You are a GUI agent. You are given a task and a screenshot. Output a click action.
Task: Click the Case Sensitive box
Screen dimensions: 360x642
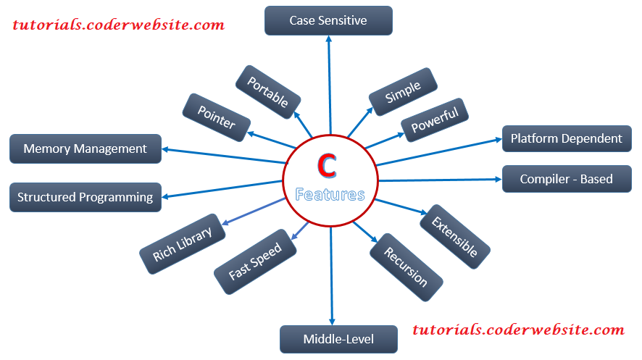[x=328, y=21]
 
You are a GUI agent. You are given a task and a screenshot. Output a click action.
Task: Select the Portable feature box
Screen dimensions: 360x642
[x=267, y=91]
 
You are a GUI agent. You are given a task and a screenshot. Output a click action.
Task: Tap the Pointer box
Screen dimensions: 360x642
[x=216, y=117]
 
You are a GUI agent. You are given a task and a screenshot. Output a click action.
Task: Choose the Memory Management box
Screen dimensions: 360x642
[x=85, y=149]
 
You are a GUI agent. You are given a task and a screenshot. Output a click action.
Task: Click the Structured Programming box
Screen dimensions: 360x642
[x=85, y=197]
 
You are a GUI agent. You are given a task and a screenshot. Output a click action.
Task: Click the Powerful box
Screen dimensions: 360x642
[x=435, y=120]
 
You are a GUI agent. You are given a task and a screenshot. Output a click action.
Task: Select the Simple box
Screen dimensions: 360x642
[x=404, y=92]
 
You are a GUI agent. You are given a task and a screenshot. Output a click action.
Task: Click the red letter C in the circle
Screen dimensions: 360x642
[x=328, y=166]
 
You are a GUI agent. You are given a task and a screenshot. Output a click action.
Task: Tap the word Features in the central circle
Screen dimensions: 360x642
[x=330, y=195]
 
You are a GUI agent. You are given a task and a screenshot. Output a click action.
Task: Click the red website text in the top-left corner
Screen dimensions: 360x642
[x=119, y=25]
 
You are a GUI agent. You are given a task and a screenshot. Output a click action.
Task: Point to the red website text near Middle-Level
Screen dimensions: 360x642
[x=518, y=330]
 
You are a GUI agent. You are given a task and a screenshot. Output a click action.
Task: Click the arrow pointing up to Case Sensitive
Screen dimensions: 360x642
[x=330, y=87]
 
